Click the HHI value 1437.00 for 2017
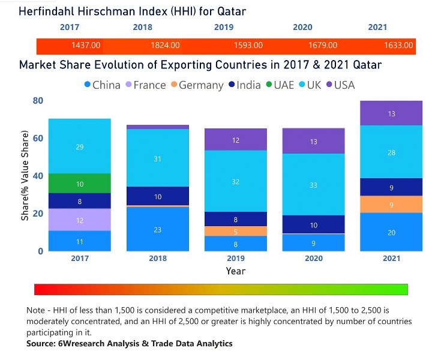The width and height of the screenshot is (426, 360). click(86, 46)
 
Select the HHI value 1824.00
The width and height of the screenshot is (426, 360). click(164, 46)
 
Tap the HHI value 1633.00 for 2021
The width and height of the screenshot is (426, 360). click(398, 46)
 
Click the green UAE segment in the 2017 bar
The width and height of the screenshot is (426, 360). click(80, 184)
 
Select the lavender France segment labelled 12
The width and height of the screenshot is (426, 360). click(80, 220)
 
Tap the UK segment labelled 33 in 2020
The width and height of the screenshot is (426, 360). click(314, 185)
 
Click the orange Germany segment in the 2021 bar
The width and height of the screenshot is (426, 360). click(392, 205)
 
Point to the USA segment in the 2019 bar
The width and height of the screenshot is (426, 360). click(236, 140)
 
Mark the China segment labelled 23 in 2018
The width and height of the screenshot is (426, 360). click(158, 229)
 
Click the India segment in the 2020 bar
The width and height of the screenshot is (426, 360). click(314, 224)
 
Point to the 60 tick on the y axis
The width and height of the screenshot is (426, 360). click(37, 139)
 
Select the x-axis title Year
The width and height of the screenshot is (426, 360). click(236, 271)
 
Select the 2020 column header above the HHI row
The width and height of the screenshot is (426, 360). click(302, 28)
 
